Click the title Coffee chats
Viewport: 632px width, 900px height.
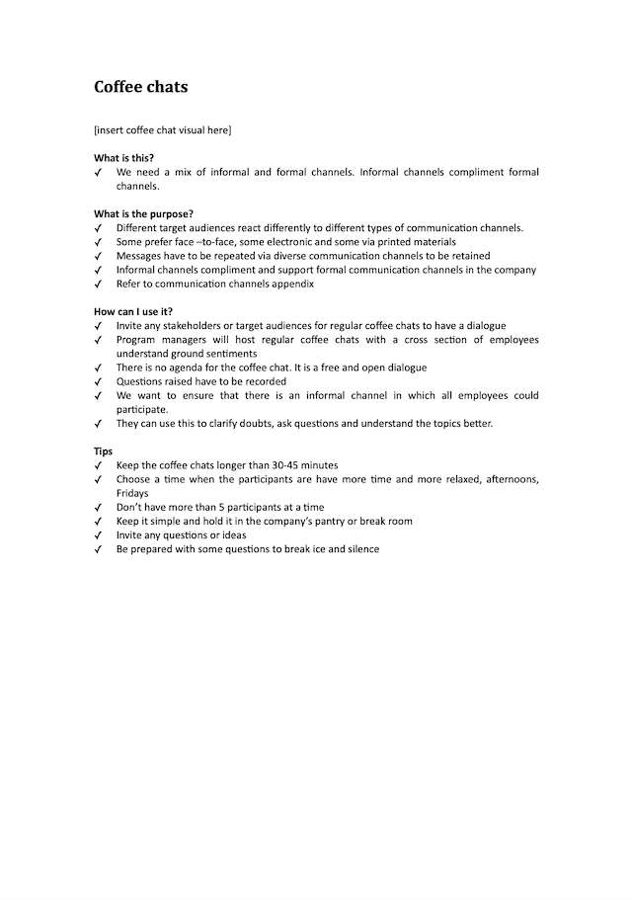point(140,87)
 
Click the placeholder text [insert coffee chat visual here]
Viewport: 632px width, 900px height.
point(162,129)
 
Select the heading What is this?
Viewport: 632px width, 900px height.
point(123,158)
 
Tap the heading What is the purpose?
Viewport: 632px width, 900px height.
point(143,214)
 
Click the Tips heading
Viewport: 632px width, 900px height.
point(103,450)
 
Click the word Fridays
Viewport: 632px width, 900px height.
point(132,493)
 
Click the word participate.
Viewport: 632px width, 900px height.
point(141,409)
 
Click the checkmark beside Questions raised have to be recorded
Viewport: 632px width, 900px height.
point(99,381)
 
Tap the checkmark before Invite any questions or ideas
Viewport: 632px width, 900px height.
point(99,534)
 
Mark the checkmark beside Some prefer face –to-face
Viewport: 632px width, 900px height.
point(99,242)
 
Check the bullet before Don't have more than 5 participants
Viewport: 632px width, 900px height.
point(99,507)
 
